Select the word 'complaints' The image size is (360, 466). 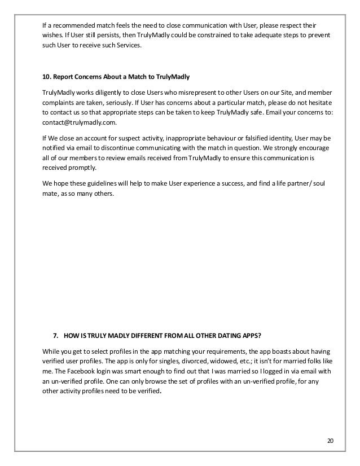coord(61,104)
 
